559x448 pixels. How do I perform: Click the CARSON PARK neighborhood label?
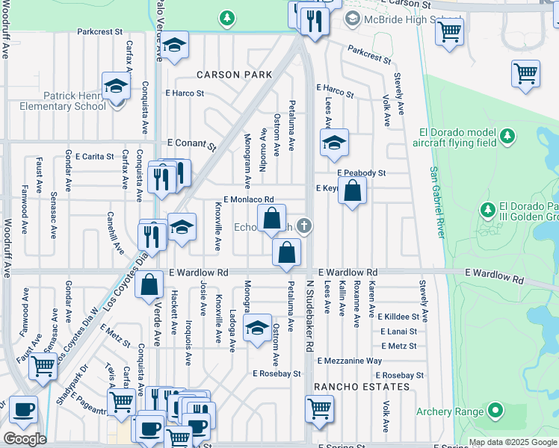coord(234,75)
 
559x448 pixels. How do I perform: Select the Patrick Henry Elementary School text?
coord(74,101)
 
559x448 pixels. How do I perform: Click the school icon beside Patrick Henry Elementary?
coord(117,87)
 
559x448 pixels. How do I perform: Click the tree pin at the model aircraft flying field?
coord(507,136)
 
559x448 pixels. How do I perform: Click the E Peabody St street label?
coord(361,173)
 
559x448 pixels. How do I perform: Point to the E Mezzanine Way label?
coord(350,361)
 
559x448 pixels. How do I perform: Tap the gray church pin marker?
coord(304,225)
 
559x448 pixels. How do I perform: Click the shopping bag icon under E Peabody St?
coord(353,191)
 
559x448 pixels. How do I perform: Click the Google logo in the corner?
coord(25,439)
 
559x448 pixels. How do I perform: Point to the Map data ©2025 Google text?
coord(512,442)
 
